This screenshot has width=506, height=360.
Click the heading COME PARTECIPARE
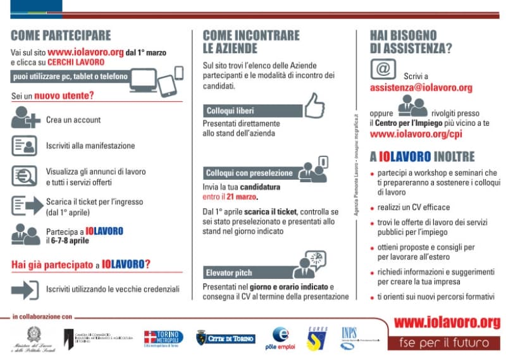(61, 35)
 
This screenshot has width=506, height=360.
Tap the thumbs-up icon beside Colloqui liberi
(314, 106)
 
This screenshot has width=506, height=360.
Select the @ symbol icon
(383, 68)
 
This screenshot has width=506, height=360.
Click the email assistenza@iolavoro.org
(421, 87)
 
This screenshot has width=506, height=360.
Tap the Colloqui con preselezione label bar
(249, 173)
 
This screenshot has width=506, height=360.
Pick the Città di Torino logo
(226, 338)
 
